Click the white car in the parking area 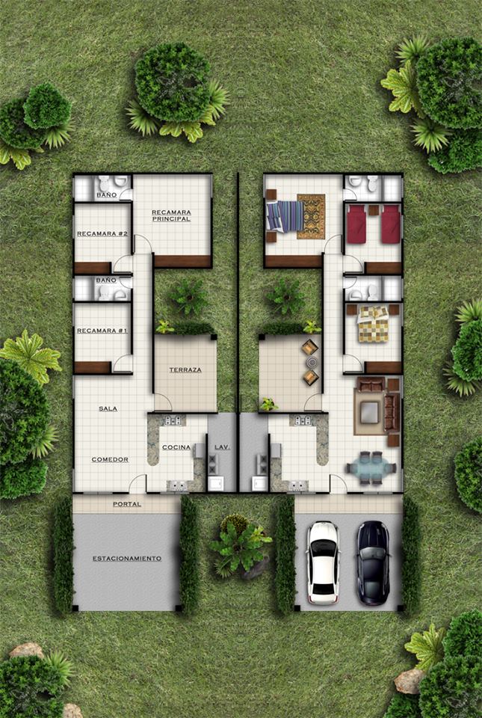pos(324,562)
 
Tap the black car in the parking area pos(373,562)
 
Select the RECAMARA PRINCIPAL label pos(171,215)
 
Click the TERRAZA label pos(185,369)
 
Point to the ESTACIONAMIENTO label pos(127,559)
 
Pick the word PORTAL pos(127,504)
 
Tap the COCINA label pos(176,447)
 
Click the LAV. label pos(222,447)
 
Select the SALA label pos(108,408)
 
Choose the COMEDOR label pos(110,459)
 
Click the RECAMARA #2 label pos(102,233)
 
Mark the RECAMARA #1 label pos(102,331)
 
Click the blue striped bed pos(285,216)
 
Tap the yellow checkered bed pos(373,324)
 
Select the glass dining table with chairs pos(371,468)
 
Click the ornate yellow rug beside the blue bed pos(311,217)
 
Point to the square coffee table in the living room pos(369,413)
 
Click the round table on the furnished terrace pos(312,363)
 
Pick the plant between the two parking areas pos(239,544)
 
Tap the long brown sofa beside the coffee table pos(392,413)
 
